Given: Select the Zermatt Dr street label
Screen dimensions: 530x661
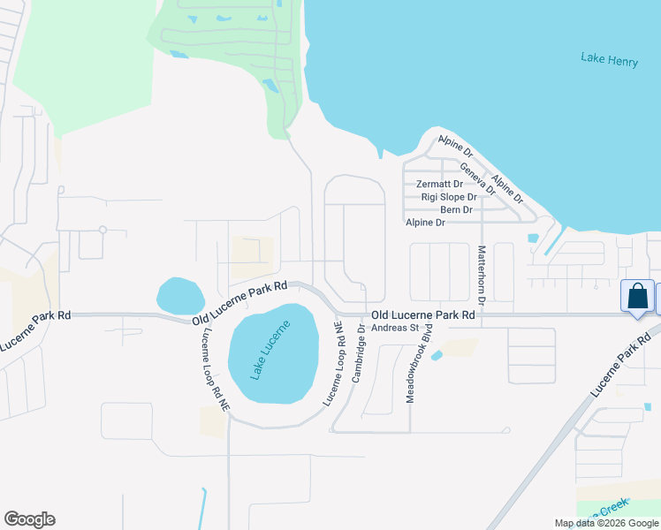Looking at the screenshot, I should point(439,185).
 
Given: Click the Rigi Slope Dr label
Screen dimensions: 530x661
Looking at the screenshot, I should point(448,197).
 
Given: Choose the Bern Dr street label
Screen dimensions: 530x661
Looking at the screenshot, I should point(456,210).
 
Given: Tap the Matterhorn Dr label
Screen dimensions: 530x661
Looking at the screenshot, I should point(483,276).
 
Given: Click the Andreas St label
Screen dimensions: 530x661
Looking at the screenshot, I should point(394,328).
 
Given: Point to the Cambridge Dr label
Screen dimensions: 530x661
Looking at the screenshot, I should point(358,353).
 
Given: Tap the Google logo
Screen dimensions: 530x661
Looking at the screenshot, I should point(29,519).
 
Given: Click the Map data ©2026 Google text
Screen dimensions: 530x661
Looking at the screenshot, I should point(606,523).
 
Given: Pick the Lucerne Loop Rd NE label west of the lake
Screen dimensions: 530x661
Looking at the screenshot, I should point(215,370).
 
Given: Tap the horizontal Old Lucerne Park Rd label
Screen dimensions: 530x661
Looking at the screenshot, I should point(423,314).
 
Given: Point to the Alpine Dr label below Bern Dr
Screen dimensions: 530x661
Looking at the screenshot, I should point(425,223).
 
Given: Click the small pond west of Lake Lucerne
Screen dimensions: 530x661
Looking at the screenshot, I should point(180,294).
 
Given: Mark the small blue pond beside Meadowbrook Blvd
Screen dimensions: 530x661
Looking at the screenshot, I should point(437,355).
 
